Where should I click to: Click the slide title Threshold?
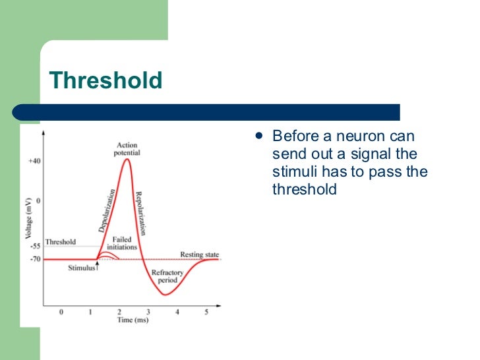coord(106,81)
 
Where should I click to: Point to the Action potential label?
coord(127,149)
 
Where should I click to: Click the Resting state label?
coord(200,255)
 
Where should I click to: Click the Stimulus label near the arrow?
coord(81,268)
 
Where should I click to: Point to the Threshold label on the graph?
coord(60,242)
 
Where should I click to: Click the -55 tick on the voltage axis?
coord(35,245)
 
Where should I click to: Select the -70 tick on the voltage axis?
coord(35,259)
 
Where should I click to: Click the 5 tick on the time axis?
coord(206,312)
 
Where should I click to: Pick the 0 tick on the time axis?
coord(62,312)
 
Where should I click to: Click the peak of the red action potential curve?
coord(127,160)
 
